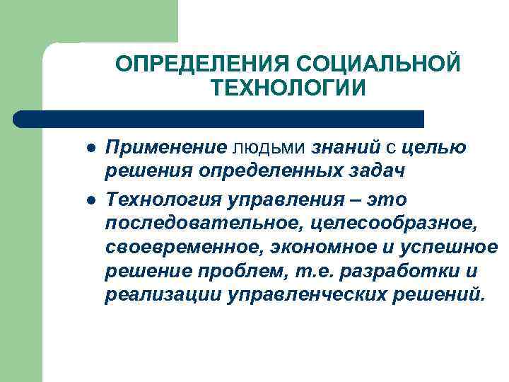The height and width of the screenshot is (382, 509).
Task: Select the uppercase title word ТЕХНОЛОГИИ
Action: tap(288, 88)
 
